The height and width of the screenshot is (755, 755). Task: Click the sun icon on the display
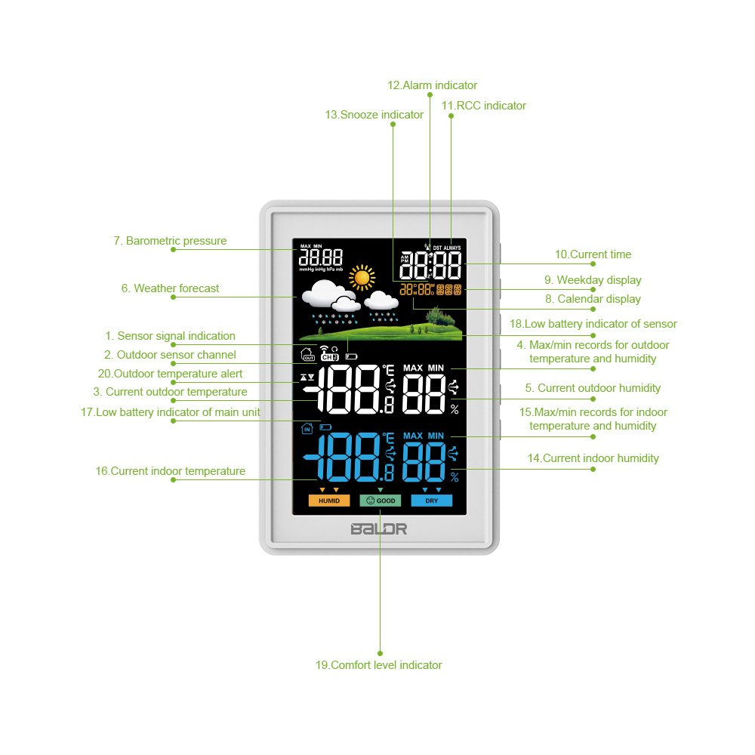point(362,277)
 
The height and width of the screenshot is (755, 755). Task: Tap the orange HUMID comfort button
point(329,501)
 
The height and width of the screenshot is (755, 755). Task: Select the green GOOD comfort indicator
point(381,501)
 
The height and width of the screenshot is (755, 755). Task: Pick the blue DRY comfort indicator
point(431,501)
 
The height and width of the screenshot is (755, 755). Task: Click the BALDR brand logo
point(379,528)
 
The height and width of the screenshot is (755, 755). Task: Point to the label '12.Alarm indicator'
point(432,85)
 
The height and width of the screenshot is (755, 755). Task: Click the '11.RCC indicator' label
point(483,106)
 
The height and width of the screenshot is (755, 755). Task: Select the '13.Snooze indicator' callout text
point(374,115)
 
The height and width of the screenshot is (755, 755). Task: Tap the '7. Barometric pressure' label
point(170,241)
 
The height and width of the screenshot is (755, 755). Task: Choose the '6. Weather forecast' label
point(170,288)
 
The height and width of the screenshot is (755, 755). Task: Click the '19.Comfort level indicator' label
point(378,665)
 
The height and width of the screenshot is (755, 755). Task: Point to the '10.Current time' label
point(593,254)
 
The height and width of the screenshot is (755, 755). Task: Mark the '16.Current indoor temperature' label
point(171,471)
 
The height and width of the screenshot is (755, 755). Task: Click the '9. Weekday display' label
point(593,280)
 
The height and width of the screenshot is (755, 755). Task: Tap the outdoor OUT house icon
point(308,354)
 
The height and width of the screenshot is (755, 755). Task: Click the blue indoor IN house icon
point(307,427)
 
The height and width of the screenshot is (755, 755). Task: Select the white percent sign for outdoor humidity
point(455,409)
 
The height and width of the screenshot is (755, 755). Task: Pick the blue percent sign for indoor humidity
point(455,477)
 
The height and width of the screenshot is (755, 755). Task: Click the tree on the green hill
point(440,317)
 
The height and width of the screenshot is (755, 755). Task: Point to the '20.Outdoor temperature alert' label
point(170,374)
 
